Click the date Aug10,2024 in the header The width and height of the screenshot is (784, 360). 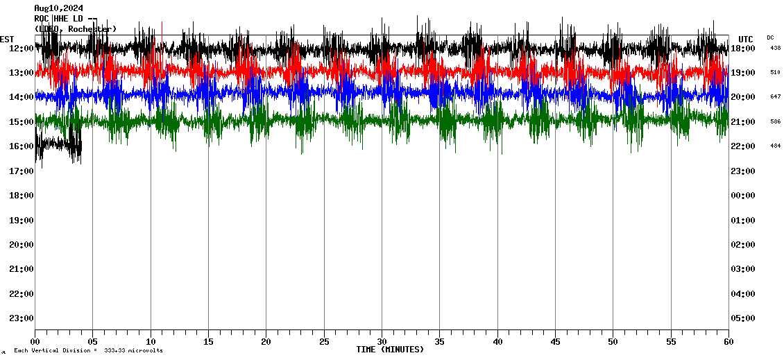click(58, 8)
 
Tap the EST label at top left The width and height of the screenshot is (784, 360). click(7, 39)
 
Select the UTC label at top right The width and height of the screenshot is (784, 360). click(746, 39)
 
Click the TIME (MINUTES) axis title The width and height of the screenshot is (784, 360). click(389, 350)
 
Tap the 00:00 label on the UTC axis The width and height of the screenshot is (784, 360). click(744, 195)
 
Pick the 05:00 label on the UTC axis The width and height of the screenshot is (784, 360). click(744, 318)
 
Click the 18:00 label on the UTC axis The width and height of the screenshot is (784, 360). click(744, 48)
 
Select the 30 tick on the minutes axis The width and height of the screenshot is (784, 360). click(382, 342)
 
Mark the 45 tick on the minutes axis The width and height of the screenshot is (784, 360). click(555, 342)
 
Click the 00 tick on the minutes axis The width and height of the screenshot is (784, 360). click(35, 342)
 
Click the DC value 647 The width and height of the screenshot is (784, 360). click(775, 97)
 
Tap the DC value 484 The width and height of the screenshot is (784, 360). click(775, 146)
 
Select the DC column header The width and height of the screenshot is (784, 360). click(770, 37)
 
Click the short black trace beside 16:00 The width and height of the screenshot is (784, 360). click(59, 146)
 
